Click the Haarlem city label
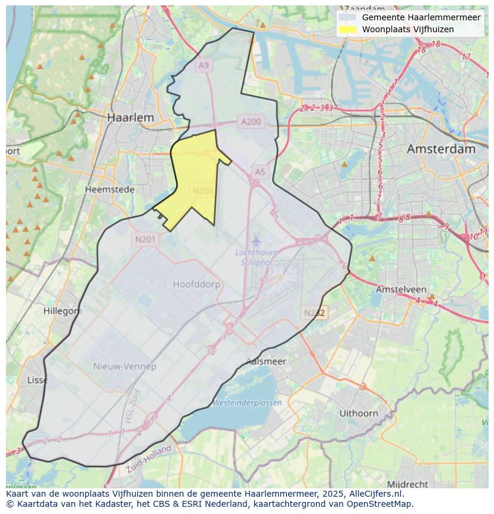(130, 118)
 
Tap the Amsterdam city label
(441, 149)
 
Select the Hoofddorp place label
(196, 284)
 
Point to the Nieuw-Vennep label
(125, 366)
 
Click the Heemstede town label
(110, 189)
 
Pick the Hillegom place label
(63, 311)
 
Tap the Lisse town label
(38, 380)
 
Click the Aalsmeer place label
(266, 361)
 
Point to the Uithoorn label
(359, 413)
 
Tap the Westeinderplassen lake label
(247, 403)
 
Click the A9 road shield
(204, 66)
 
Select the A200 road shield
(251, 122)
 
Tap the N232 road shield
(314, 313)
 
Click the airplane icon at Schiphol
(256, 241)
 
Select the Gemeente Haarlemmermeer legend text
(421, 17)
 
